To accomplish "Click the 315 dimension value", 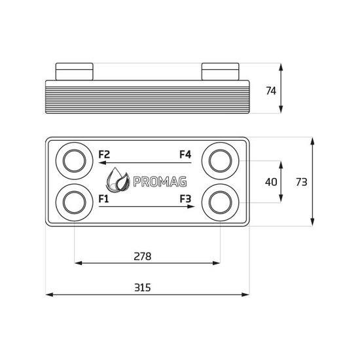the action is (142, 287).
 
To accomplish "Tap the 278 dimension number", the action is (142, 257).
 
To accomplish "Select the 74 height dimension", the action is (271, 91).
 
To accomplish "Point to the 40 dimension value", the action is (271, 182).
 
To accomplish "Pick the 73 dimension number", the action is (301, 182).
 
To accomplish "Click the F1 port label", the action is (103, 199).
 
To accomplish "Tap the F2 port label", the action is (104, 154).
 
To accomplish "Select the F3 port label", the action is (185, 199).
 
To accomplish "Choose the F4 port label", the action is (185, 154).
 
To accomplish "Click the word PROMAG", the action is (160, 181).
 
